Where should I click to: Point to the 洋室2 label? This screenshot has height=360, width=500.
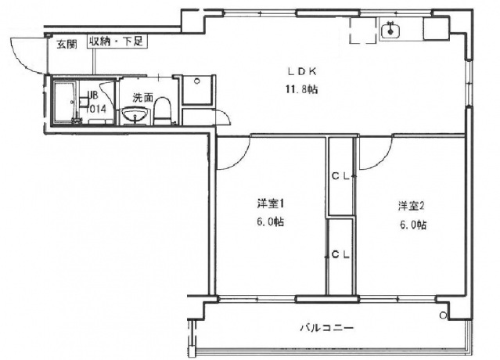(x=411, y=207)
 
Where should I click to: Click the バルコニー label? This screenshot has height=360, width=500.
(x=328, y=327)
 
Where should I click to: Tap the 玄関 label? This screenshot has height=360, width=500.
(x=67, y=44)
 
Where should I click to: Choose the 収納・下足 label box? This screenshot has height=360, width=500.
(x=116, y=41)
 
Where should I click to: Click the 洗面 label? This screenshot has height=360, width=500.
(x=142, y=98)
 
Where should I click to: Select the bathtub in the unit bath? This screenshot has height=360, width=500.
(x=66, y=102)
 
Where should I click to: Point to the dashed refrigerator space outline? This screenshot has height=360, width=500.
(x=362, y=32)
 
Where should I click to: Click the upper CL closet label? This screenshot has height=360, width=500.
(x=340, y=177)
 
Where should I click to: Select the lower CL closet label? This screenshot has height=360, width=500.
(x=340, y=254)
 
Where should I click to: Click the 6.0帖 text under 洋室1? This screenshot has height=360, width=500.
(x=269, y=222)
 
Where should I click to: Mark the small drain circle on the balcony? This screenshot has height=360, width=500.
(x=444, y=315)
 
